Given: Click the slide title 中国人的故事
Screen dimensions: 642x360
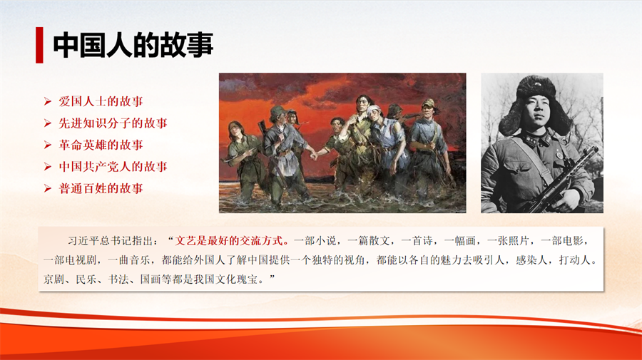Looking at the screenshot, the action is pos(133,45).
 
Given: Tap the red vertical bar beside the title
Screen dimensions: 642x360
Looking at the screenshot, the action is pos(39,45).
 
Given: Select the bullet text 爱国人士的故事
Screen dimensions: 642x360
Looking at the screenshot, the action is pos(101,101).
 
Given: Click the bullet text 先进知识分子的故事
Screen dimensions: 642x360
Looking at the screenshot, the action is pos(113,123).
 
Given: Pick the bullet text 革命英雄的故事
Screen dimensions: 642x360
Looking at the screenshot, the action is pos(101,145).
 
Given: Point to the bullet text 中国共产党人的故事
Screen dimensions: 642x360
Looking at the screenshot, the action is pos(113,167).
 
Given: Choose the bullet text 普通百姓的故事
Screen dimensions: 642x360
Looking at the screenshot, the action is pos(101,188).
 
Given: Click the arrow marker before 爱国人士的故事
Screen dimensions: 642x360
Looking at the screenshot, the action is pos(48,101).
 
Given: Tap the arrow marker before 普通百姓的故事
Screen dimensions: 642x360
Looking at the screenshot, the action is pos(48,189).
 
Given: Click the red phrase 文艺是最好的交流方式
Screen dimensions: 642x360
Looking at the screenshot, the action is pos(229,240).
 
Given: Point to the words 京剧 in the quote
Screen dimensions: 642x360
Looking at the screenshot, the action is pos(54,279).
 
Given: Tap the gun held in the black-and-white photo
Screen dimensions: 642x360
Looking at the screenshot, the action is pos(559,180).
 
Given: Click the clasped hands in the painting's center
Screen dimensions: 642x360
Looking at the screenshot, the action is pos(314,155).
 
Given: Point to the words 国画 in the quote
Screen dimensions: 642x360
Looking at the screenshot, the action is pos(151,279).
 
